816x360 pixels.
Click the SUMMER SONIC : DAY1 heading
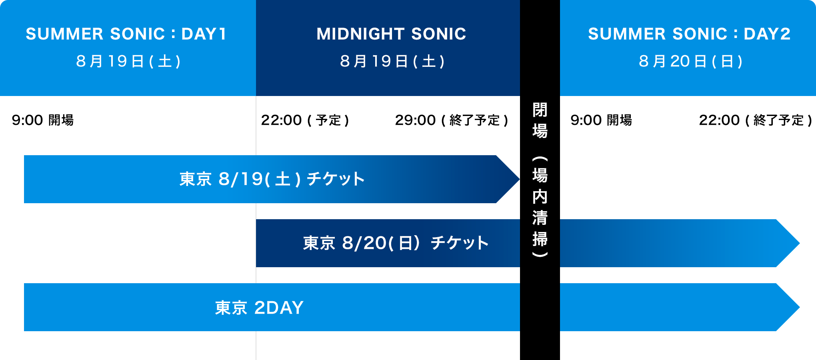tap(126, 34)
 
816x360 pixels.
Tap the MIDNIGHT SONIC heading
tap(391, 34)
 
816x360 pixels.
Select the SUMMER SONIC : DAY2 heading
tap(689, 34)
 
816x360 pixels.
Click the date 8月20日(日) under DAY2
tap(691, 61)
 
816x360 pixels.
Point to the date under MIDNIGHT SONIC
tap(392, 61)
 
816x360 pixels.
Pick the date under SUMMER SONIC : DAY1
tap(128, 61)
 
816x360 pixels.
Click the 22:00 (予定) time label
tap(305, 120)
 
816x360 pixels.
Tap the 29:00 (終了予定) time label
tap(452, 120)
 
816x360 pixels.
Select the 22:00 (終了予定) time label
tap(756, 120)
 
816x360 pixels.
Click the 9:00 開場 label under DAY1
tap(43, 120)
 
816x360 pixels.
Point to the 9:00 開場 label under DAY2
tap(601, 120)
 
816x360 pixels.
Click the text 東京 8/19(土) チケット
tap(272, 179)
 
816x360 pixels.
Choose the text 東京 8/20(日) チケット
tap(396, 243)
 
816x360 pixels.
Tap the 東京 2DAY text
tap(259, 308)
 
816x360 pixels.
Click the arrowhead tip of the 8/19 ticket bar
tap(519, 179)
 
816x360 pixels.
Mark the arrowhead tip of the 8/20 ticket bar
tap(799, 243)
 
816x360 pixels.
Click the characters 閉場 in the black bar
tap(540, 120)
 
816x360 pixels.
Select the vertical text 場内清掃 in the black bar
tap(540, 207)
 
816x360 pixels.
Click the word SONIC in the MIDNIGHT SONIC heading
tap(439, 34)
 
